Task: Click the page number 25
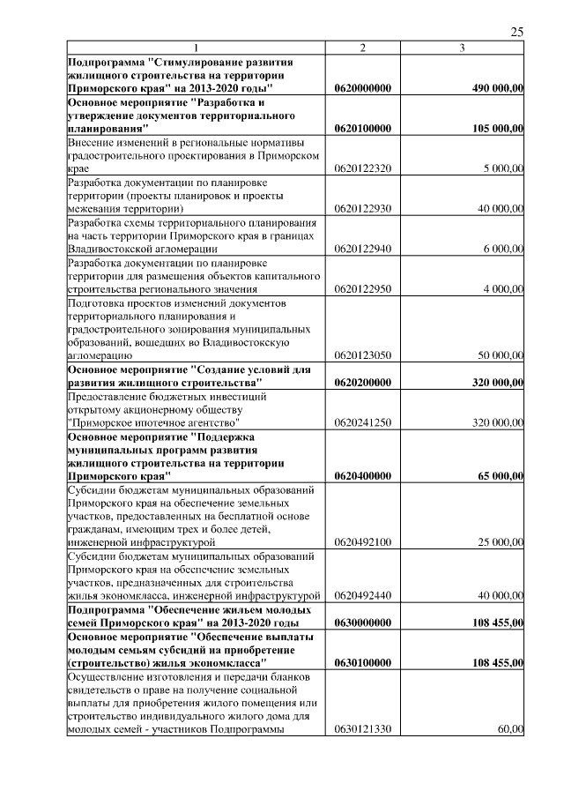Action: click(x=516, y=32)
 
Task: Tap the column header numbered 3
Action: click(x=462, y=48)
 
